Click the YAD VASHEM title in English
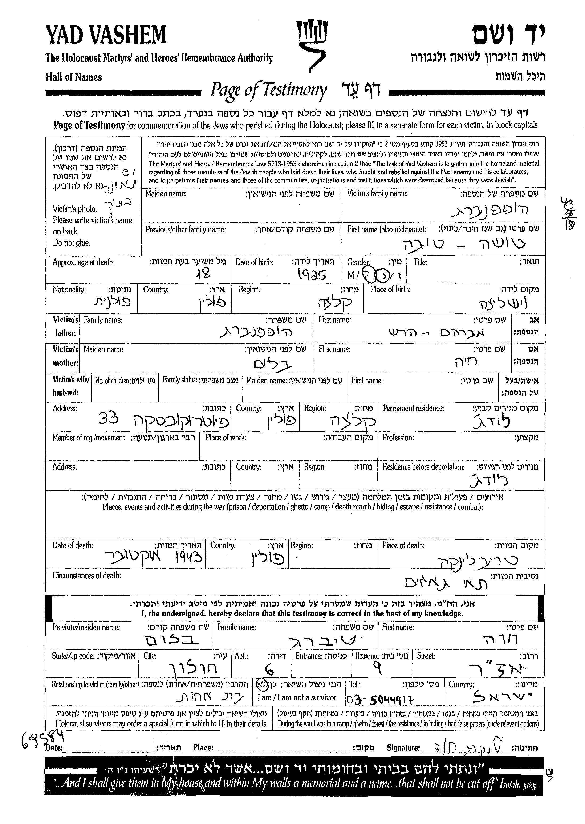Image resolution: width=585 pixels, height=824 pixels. tap(106, 35)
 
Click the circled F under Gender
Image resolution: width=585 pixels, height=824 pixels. tap(367, 275)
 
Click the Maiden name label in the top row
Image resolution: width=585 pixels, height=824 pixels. tap(166, 193)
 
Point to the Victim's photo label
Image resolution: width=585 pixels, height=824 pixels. tap(75, 209)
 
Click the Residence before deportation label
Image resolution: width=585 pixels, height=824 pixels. tap(423, 467)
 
